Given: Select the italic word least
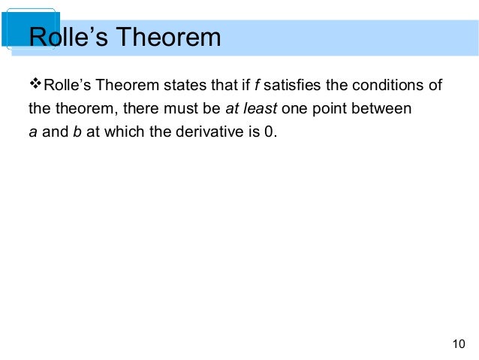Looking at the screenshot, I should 260,109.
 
